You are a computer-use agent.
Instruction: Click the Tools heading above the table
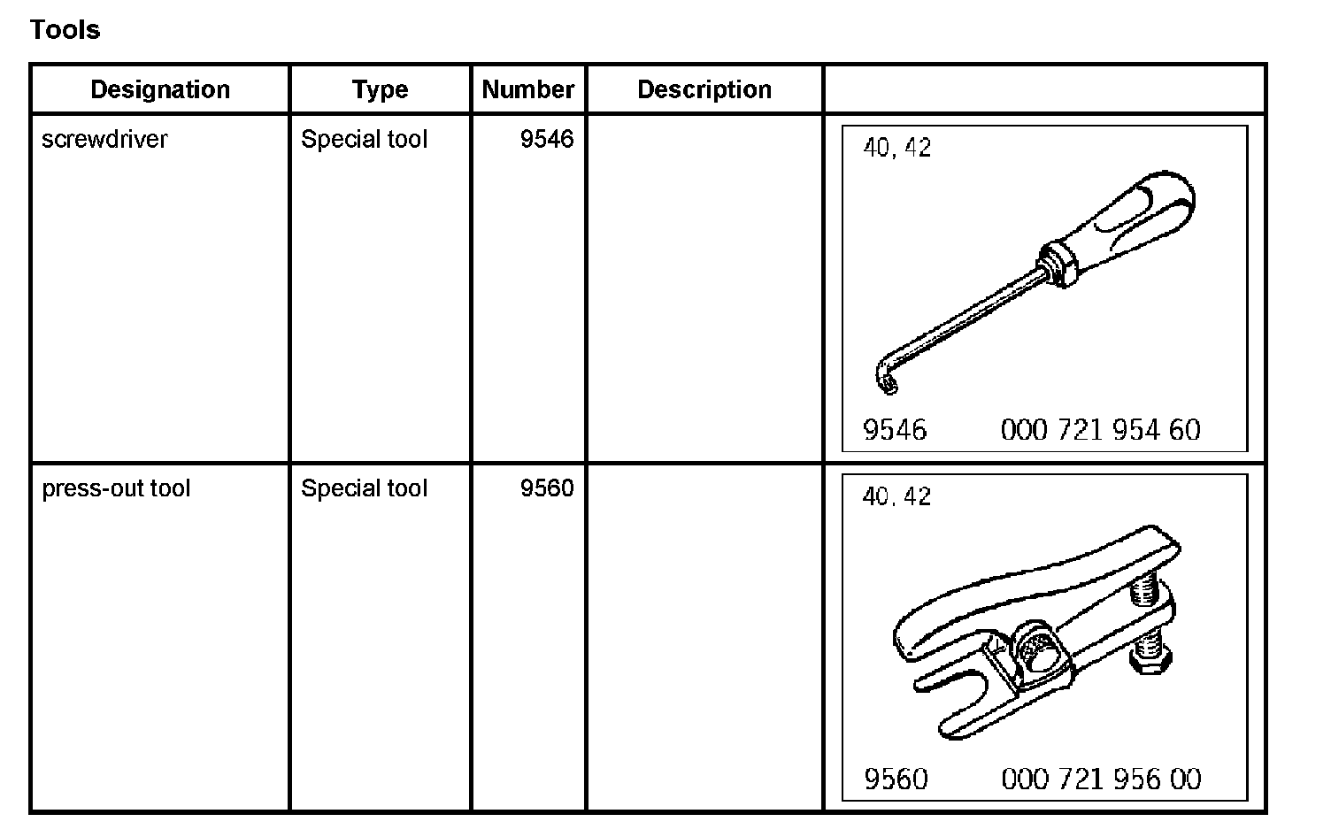click(65, 29)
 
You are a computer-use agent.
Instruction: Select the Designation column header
click(160, 89)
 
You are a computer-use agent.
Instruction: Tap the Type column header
click(380, 89)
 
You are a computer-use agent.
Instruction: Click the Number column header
click(528, 89)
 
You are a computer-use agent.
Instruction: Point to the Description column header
click(704, 89)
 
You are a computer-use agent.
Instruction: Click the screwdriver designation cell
click(104, 139)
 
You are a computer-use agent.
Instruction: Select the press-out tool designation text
click(116, 488)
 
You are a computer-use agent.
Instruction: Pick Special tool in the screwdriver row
click(364, 139)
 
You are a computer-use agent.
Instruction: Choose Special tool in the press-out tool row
click(364, 488)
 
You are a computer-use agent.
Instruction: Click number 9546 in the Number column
click(547, 139)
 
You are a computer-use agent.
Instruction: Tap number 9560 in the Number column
click(547, 488)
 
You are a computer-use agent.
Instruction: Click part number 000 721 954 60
click(1100, 430)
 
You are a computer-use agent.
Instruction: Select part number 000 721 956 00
click(1101, 779)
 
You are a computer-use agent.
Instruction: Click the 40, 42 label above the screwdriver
click(897, 148)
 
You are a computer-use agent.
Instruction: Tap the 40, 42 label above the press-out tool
click(897, 496)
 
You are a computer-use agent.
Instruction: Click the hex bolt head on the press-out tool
click(1150, 658)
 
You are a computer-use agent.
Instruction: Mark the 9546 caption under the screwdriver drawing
click(895, 430)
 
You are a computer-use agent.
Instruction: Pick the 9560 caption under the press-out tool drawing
click(896, 779)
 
